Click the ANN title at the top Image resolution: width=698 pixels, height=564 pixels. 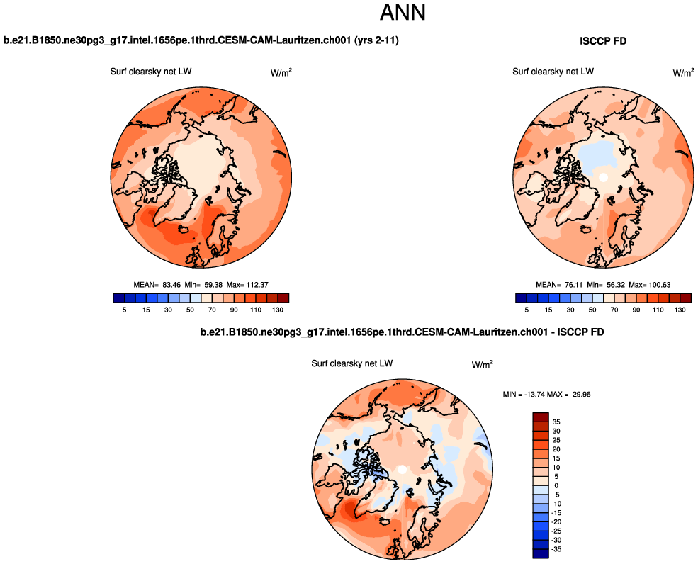click(403, 13)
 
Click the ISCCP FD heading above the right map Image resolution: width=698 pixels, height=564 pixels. click(603, 42)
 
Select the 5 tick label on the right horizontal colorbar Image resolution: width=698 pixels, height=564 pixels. click(527, 310)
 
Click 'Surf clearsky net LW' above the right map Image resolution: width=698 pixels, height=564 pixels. click(553, 71)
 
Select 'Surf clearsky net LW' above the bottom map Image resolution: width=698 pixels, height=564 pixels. click(352, 363)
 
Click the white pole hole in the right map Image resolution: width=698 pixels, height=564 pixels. click(604, 177)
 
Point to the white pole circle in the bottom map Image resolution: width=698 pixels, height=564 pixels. click(402, 469)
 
